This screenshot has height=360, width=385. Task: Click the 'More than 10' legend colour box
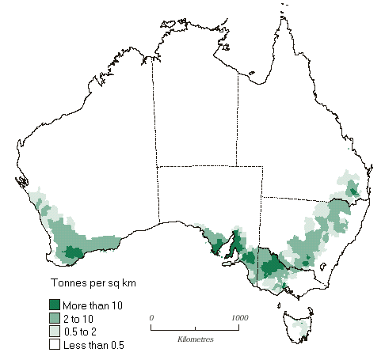click(55, 305)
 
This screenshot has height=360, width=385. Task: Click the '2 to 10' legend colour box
click(55, 318)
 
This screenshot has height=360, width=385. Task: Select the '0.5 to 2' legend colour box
click(55, 332)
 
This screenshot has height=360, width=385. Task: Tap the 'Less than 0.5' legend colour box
click(55, 345)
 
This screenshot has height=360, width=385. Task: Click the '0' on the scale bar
click(151, 316)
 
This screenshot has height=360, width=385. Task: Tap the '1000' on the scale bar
click(238, 316)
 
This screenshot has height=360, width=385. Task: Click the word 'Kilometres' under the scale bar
click(195, 339)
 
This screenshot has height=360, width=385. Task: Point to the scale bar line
click(195, 327)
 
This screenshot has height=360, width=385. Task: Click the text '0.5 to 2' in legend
click(86, 332)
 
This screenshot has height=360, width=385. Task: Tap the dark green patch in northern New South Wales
click(354, 190)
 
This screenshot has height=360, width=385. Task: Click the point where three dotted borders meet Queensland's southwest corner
click(262, 197)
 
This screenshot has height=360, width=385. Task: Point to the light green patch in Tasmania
click(300, 325)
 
